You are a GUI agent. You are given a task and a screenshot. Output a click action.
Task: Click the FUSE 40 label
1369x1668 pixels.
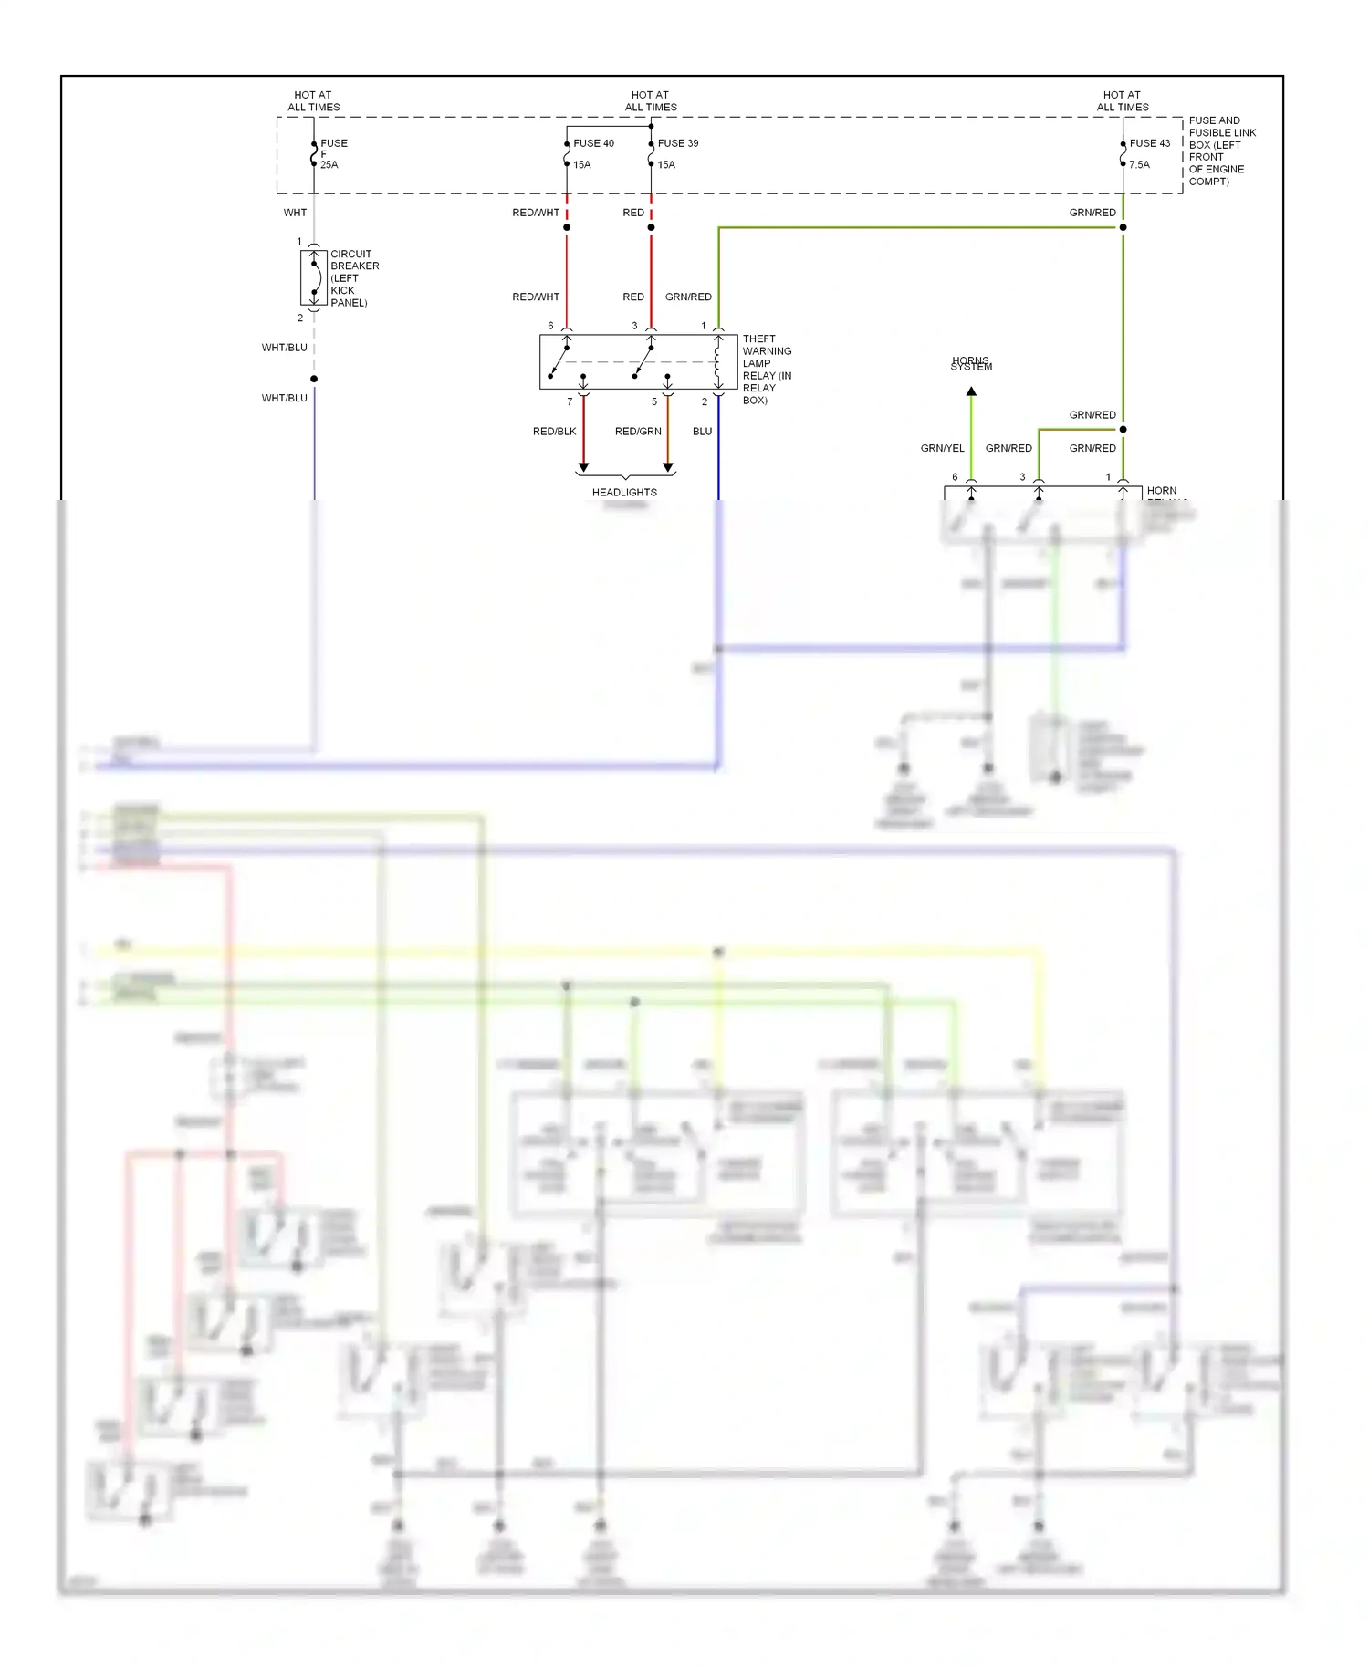[x=593, y=143]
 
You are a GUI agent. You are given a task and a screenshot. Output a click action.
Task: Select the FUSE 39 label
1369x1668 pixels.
[x=678, y=143]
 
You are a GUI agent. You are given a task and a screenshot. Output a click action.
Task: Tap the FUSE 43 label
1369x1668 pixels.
[x=1149, y=143]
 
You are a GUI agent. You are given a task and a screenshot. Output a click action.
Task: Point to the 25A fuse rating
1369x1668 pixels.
[x=329, y=165]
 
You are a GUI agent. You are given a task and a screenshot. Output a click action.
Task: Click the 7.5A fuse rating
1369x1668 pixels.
[x=1139, y=165]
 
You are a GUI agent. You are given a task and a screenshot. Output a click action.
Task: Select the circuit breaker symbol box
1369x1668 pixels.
[x=314, y=278]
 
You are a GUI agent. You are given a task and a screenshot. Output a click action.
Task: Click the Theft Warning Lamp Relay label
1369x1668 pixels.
[x=767, y=369]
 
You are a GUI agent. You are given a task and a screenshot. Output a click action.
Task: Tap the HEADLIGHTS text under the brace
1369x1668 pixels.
[x=624, y=493]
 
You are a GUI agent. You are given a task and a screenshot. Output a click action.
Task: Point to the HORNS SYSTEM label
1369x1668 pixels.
[x=971, y=364]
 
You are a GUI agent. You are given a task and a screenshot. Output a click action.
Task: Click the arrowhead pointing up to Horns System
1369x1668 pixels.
[x=971, y=391]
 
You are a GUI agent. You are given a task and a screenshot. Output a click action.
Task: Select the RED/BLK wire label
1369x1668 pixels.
[x=554, y=432]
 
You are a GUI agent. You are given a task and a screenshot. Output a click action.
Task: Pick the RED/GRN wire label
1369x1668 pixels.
[x=638, y=432]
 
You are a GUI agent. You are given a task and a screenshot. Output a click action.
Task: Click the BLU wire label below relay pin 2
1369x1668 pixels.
[x=702, y=432]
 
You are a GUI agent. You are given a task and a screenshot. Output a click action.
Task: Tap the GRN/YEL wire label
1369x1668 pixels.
[x=942, y=448]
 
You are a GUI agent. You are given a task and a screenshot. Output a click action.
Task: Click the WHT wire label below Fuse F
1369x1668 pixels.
[x=295, y=213]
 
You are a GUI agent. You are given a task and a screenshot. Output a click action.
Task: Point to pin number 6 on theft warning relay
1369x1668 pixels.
[x=550, y=326]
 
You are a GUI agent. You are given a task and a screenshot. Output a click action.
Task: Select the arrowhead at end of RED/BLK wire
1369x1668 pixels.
[x=583, y=467]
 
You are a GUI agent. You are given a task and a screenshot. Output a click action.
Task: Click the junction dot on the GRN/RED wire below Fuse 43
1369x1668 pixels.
[x=1123, y=227]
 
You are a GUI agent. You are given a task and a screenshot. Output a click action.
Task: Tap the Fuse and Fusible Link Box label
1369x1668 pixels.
[x=1221, y=151]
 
